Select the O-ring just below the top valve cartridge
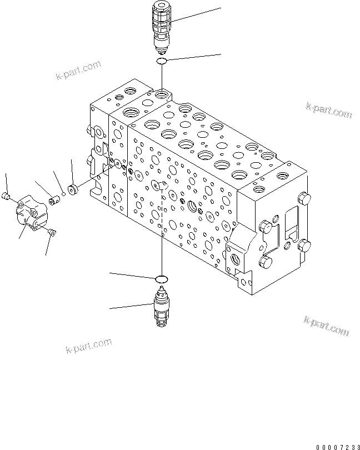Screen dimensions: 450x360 tap(161, 61)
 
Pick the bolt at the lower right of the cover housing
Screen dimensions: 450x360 tap(52, 233)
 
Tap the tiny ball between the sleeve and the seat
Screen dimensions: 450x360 tap(64, 194)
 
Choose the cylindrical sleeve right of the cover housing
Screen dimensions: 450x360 tap(55, 199)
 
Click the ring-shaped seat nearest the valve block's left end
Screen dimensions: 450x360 tap(72, 189)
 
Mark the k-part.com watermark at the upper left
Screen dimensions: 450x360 tap(78, 71)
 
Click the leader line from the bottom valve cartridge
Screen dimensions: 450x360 tap(131, 306)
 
